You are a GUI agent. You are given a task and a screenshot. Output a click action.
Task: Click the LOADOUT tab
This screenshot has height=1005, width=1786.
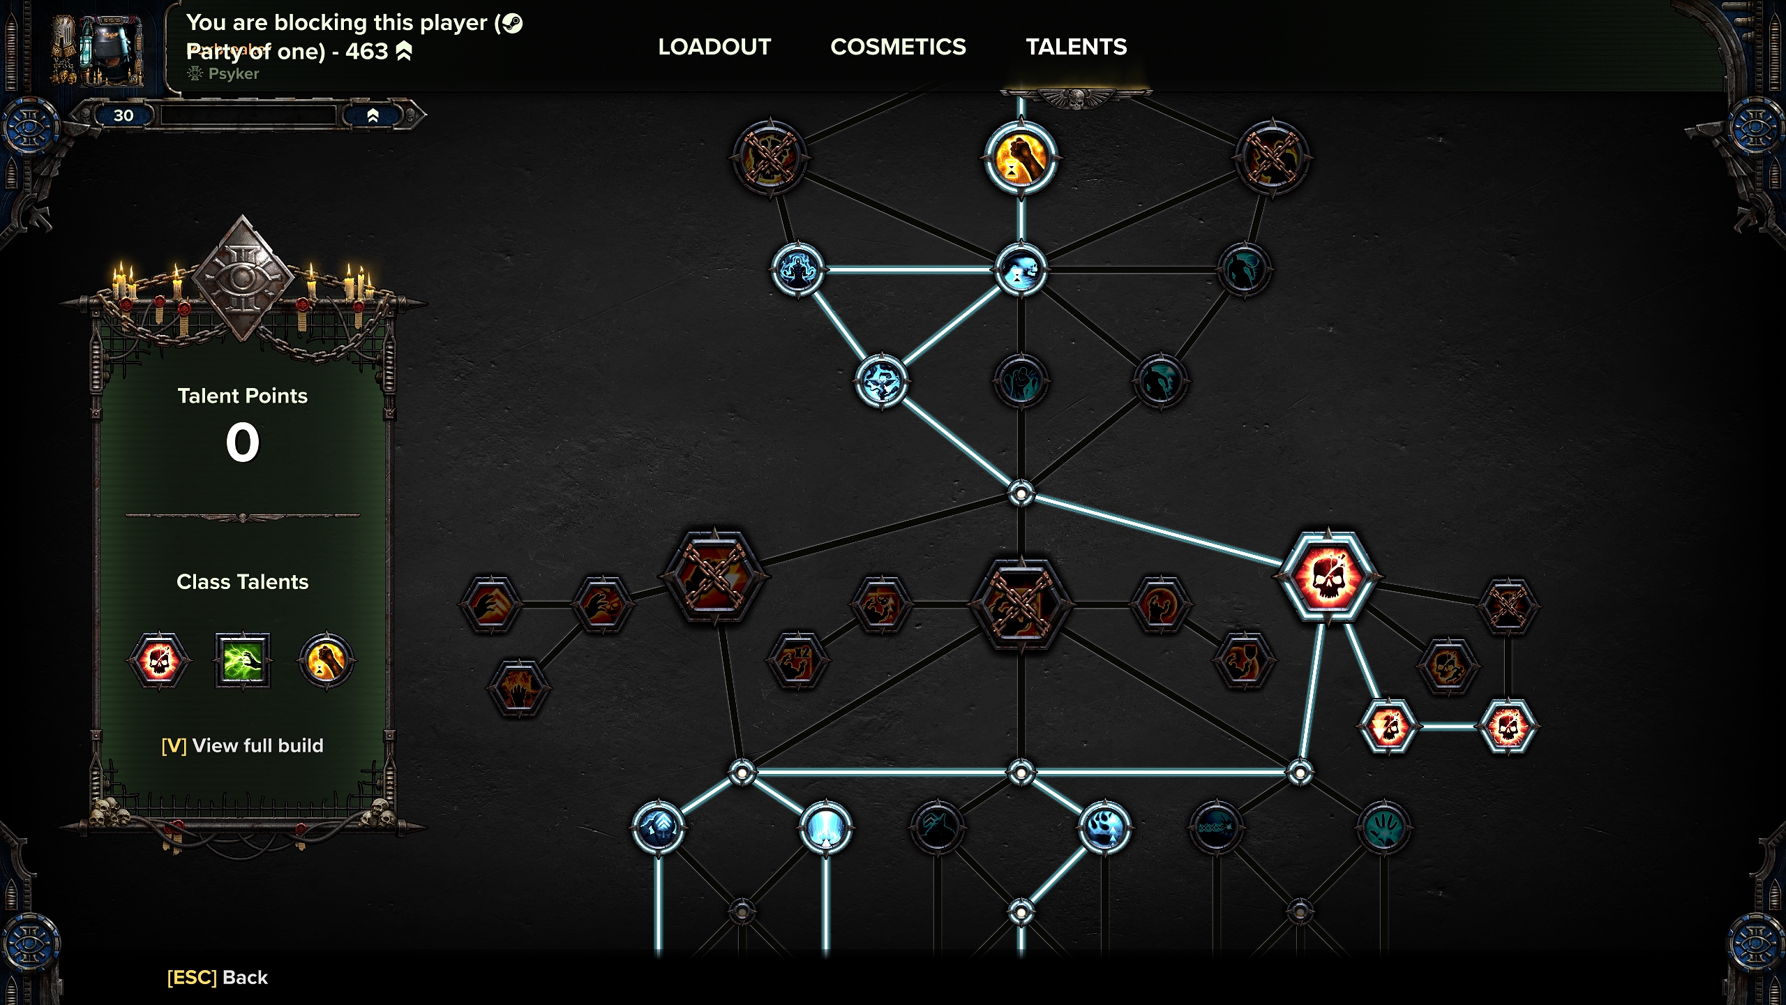(x=714, y=47)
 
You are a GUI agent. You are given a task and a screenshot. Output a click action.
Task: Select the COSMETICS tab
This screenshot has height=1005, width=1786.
(x=898, y=47)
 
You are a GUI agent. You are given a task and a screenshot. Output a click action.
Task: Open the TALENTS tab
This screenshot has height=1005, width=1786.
(x=1076, y=47)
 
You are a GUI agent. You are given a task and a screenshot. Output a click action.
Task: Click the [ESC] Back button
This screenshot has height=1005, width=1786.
(x=217, y=977)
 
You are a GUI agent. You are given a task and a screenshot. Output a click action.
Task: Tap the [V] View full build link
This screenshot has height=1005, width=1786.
(x=242, y=745)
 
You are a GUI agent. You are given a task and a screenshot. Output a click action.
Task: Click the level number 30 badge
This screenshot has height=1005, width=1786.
(x=123, y=115)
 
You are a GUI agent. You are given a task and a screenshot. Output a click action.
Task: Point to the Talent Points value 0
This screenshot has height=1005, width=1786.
(x=242, y=442)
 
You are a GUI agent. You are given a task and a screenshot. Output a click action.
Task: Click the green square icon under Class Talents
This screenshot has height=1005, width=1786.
(x=242, y=660)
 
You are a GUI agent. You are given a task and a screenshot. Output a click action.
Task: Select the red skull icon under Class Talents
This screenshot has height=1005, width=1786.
(x=159, y=660)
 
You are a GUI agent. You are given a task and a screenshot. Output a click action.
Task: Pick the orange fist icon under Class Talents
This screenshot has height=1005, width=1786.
(x=326, y=660)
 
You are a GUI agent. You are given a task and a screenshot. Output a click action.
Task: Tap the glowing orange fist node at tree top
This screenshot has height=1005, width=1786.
(x=1021, y=158)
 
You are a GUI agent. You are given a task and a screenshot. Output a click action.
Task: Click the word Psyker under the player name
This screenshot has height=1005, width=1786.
(x=233, y=74)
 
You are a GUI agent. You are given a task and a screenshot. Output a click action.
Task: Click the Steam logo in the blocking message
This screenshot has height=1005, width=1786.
(x=512, y=23)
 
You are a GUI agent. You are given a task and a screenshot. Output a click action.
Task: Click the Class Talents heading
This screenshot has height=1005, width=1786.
(x=242, y=581)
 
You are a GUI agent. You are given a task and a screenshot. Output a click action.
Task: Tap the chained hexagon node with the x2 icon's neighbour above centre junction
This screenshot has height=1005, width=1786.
(x=1021, y=604)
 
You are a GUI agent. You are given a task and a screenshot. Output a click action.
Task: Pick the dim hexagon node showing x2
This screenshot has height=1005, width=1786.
(x=797, y=660)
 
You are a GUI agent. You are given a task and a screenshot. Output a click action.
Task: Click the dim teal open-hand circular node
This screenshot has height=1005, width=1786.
(x=1383, y=828)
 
